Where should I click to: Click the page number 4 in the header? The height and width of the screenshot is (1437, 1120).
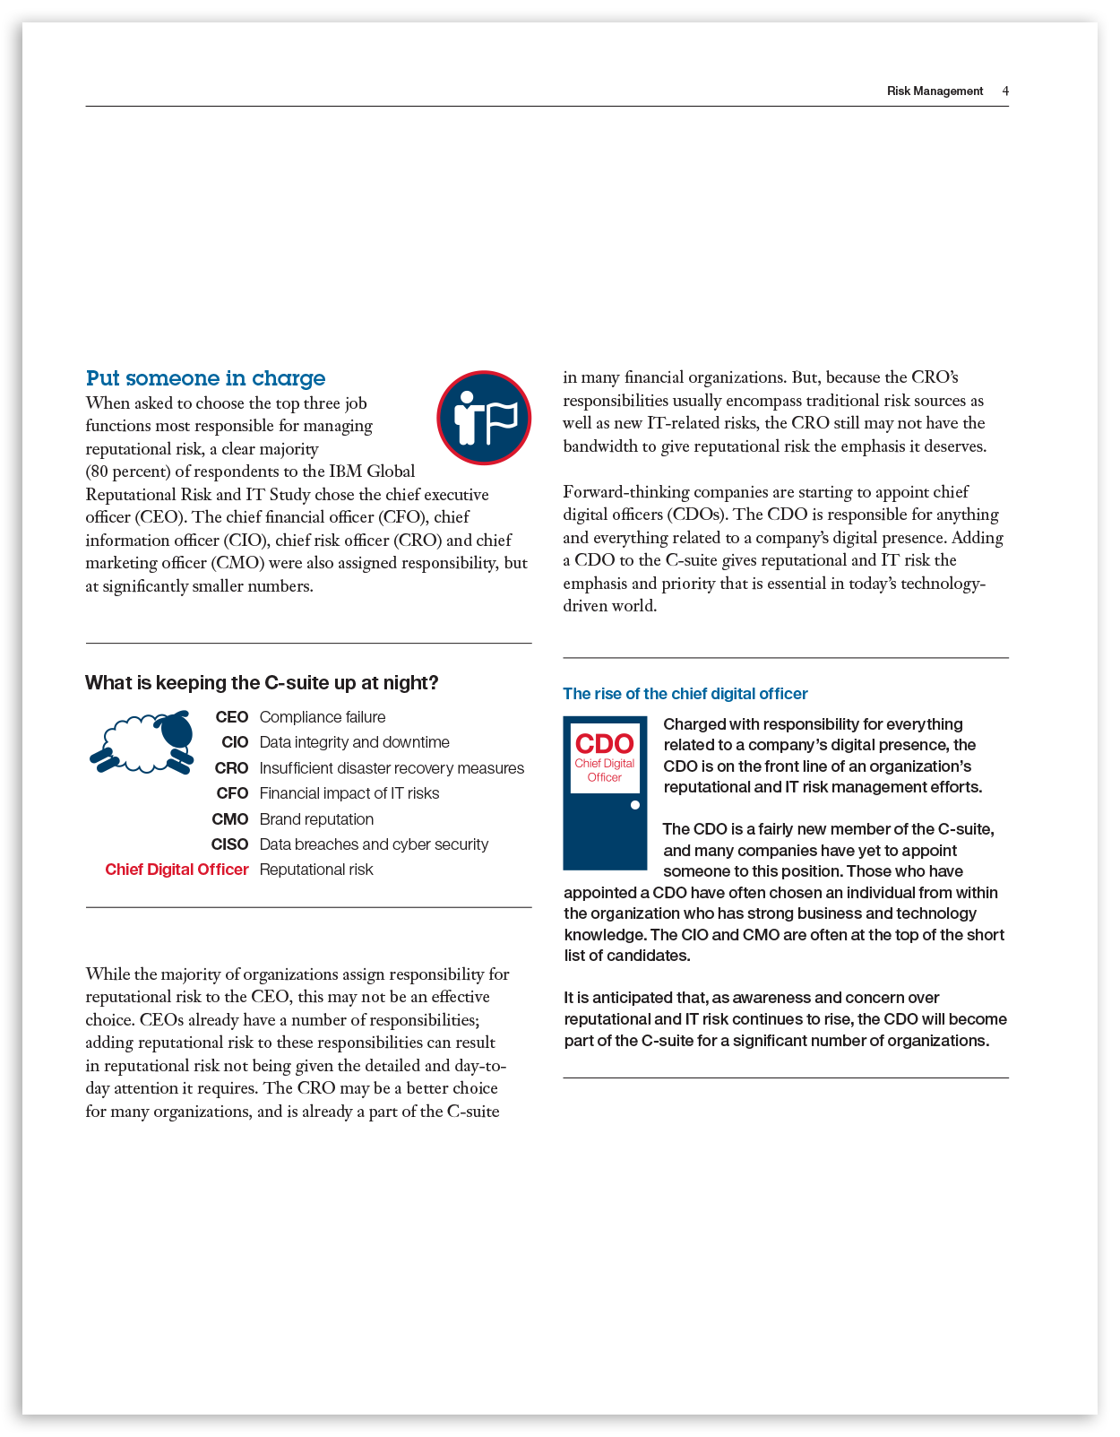click(1005, 91)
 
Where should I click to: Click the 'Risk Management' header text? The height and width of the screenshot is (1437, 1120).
click(935, 91)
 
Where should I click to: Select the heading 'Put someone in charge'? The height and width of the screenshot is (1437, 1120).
click(205, 378)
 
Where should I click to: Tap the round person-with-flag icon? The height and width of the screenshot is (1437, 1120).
click(484, 418)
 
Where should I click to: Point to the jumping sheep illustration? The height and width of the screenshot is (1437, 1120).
click(143, 743)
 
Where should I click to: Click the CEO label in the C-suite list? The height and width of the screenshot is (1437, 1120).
click(232, 717)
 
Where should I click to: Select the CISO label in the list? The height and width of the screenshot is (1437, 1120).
click(229, 844)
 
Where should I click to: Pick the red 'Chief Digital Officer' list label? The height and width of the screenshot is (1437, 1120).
click(177, 870)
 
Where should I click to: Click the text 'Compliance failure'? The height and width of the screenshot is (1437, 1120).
click(323, 717)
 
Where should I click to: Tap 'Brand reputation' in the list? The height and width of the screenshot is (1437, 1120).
click(316, 819)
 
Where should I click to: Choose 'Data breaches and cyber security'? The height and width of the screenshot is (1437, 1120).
click(374, 844)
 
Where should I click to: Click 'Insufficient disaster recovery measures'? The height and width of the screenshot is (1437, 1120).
click(392, 768)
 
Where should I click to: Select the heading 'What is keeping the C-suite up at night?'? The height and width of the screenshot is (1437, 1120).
click(262, 683)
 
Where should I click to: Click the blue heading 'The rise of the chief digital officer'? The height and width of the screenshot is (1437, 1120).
click(685, 694)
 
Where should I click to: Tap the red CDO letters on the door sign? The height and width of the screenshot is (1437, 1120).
click(605, 744)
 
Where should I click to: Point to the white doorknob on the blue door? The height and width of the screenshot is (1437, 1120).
click(635, 805)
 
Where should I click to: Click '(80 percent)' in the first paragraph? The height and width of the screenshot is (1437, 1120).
click(128, 472)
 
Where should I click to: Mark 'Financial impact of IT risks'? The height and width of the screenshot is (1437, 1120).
click(349, 793)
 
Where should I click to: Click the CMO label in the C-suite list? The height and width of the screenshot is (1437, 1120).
click(230, 819)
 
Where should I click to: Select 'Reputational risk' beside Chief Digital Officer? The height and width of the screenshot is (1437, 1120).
click(316, 870)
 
